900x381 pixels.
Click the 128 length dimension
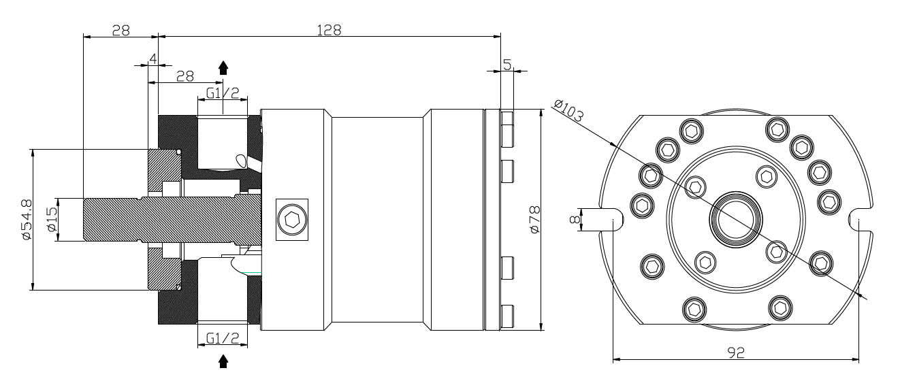tap(328, 30)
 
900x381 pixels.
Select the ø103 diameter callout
tap(568, 111)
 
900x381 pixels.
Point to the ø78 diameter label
tap(534, 220)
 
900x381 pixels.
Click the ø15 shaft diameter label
tap(51, 220)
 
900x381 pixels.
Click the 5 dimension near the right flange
tap(507, 64)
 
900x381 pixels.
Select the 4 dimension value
tap(153, 59)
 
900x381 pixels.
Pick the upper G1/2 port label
tap(223, 93)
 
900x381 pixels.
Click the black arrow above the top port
tap(223, 67)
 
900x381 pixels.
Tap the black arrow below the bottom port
tap(223, 361)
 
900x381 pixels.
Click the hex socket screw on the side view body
tap(292, 220)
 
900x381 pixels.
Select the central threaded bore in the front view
tap(735, 219)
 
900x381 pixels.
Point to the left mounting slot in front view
tap(608, 220)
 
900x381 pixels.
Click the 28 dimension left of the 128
tap(120, 30)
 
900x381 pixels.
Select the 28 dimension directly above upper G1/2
tap(185, 76)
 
